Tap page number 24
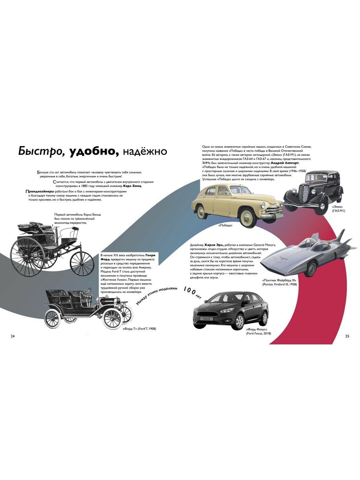point(13,336)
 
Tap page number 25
point(347,336)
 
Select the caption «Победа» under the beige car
point(225,226)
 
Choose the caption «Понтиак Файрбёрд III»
point(279,280)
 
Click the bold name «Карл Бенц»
point(132,186)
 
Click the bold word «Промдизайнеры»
point(40,191)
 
